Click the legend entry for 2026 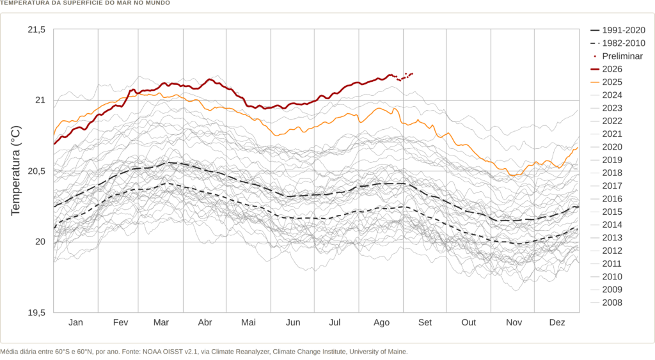(x=606, y=69)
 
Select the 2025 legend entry (x=606, y=82)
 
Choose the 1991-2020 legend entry (x=618, y=31)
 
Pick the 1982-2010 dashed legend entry (x=618, y=43)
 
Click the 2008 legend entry (x=606, y=303)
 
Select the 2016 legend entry (x=606, y=200)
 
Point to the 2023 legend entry (x=606, y=108)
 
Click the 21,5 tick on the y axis (x=36, y=29)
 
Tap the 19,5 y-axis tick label (x=36, y=313)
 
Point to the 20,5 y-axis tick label (x=36, y=171)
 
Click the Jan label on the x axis (x=75, y=322)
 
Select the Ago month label (x=381, y=323)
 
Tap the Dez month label (x=557, y=322)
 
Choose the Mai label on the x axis (x=249, y=322)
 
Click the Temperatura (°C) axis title (x=15, y=171)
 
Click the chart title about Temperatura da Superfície (x=85, y=3)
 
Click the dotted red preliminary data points (x=404, y=77)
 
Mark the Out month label (x=469, y=322)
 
